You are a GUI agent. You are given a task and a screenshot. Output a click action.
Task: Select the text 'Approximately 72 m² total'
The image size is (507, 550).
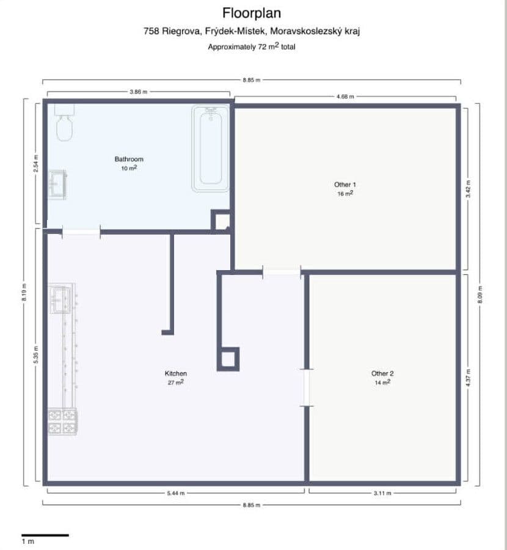pyautogui.click(x=252, y=46)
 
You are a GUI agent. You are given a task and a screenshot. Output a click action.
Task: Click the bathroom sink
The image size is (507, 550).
pyautogui.click(x=58, y=184)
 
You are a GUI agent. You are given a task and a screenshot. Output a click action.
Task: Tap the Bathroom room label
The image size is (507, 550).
pyautogui.click(x=129, y=159)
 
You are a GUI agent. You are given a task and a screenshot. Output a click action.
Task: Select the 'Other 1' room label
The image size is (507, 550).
pyautogui.click(x=345, y=185)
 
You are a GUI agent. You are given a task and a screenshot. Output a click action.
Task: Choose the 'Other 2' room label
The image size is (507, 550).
pyautogui.click(x=382, y=373)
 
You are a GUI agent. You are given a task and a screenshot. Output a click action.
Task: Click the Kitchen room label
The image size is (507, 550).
pyautogui.click(x=175, y=373)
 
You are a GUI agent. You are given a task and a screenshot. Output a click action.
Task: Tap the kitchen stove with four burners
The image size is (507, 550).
pyautogui.click(x=63, y=422)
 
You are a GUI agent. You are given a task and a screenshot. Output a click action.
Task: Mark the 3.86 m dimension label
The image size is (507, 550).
pyautogui.click(x=139, y=92)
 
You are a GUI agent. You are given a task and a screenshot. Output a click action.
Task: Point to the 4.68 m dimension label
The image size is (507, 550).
pyautogui.click(x=345, y=97)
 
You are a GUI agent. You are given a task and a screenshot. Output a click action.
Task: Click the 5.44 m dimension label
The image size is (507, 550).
pyautogui.click(x=175, y=493)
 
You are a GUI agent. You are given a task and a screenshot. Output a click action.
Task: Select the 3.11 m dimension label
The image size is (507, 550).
pyautogui.click(x=382, y=493)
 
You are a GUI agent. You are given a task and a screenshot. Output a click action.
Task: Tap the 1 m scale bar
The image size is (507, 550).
pyautogui.click(x=45, y=535)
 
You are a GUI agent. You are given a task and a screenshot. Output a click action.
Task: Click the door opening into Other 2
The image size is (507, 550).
pyautogui.click(x=307, y=387)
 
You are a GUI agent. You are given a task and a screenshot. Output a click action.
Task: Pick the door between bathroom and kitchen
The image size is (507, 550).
pyautogui.click(x=81, y=231)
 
